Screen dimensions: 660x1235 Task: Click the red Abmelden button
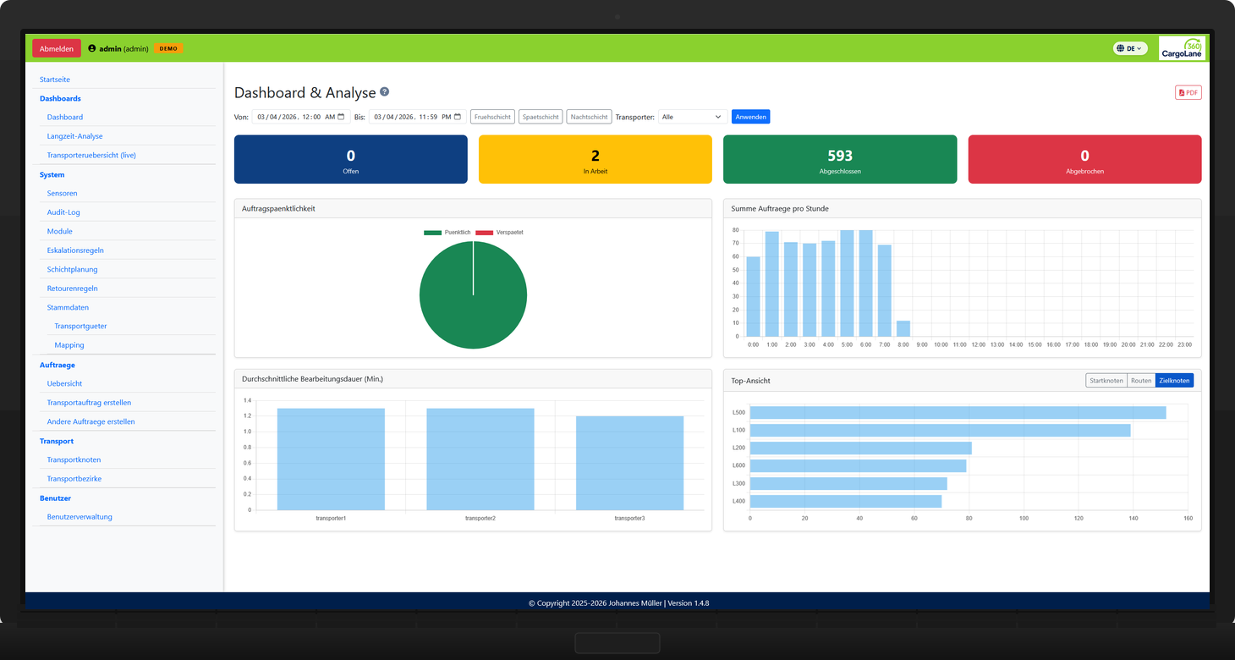click(57, 48)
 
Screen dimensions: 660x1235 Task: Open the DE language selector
click(1130, 48)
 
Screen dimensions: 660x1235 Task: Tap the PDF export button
click(1188, 92)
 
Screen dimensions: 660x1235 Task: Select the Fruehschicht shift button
click(492, 117)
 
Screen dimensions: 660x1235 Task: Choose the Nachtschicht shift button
click(589, 117)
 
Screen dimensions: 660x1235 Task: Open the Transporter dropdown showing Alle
click(692, 117)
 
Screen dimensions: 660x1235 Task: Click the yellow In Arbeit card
click(596, 159)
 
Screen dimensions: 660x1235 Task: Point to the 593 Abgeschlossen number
click(840, 156)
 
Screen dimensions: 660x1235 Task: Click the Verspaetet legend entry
click(499, 232)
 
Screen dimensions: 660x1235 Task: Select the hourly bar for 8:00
click(903, 328)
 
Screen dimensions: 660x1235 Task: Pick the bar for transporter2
click(480, 459)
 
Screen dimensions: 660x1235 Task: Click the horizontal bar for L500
click(958, 412)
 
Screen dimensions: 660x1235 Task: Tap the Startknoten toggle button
click(1106, 381)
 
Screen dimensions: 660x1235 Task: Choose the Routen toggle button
click(1141, 381)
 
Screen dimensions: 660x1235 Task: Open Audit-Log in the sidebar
click(63, 212)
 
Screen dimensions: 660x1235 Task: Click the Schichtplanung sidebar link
click(72, 269)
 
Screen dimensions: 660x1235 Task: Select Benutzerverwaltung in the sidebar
click(80, 516)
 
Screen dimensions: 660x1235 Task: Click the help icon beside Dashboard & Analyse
click(384, 92)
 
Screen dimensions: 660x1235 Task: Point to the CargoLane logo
click(1182, 48)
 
